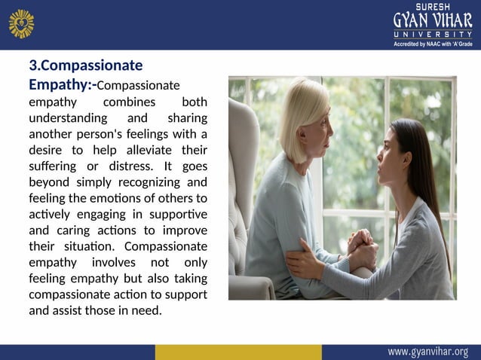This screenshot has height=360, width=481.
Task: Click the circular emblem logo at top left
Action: point(21,23)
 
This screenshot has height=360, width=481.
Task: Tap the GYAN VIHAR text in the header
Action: point(432,20)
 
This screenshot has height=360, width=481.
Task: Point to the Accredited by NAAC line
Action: point(432,44)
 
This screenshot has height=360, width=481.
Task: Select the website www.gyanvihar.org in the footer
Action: point(427,352)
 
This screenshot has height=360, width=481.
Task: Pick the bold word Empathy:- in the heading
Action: point(63,84)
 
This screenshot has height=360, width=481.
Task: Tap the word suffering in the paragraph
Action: point(52,166)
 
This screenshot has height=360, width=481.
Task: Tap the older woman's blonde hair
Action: point(302,105)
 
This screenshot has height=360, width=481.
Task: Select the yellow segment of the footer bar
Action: point(237,352)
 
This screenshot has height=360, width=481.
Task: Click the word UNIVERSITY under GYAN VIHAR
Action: point(432,35)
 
